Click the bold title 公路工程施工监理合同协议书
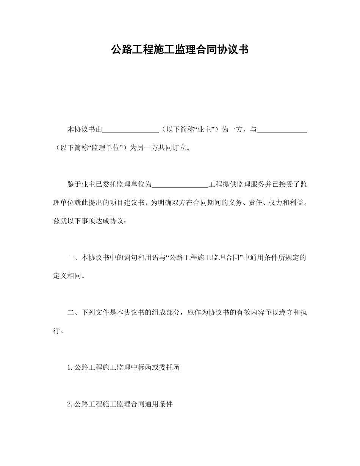point(180,50)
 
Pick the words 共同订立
point(174,148)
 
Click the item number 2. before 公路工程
point(70,404)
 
